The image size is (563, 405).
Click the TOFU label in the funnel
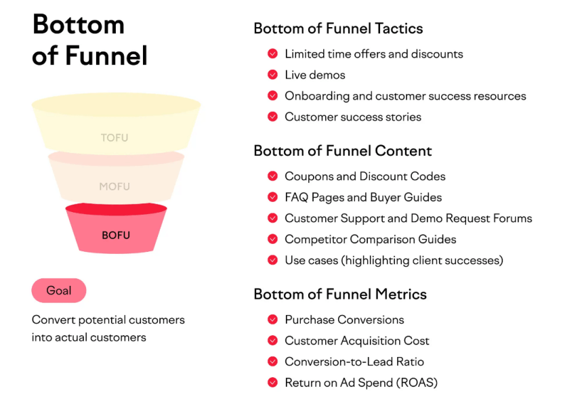coord(114,138)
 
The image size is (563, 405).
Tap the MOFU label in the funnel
coord(114,186)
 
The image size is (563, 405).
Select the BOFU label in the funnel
coord(115,236)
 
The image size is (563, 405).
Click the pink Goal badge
coord(59,291)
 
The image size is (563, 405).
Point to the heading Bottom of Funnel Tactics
coord(338,28)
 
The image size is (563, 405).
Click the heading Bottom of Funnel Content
coord(342,150)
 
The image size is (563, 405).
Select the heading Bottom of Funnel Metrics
coord(340,294)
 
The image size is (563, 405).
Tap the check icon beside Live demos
coord(272,74)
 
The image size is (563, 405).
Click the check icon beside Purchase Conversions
coord(272,320)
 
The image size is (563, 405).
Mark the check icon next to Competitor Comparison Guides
coord(272,239)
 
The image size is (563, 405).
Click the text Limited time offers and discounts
coord(373,54)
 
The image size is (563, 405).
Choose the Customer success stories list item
coord(352,116)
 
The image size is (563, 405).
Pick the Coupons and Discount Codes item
coord(364,176)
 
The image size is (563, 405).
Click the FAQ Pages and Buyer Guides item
coord(362,197)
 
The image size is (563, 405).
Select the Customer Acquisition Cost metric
coord(356,341)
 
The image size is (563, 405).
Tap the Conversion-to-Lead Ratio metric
coord(354,362)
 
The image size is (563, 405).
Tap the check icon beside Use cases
coord(272,260)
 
